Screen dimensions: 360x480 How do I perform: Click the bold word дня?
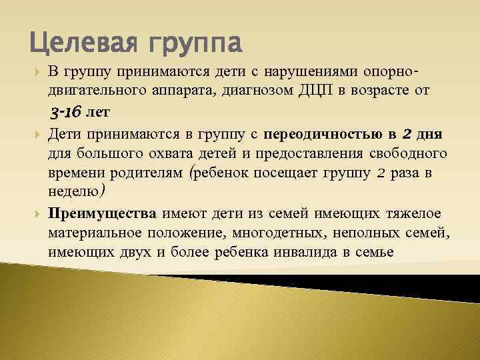point(436,135)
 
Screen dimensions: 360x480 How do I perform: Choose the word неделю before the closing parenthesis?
point(72,193)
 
